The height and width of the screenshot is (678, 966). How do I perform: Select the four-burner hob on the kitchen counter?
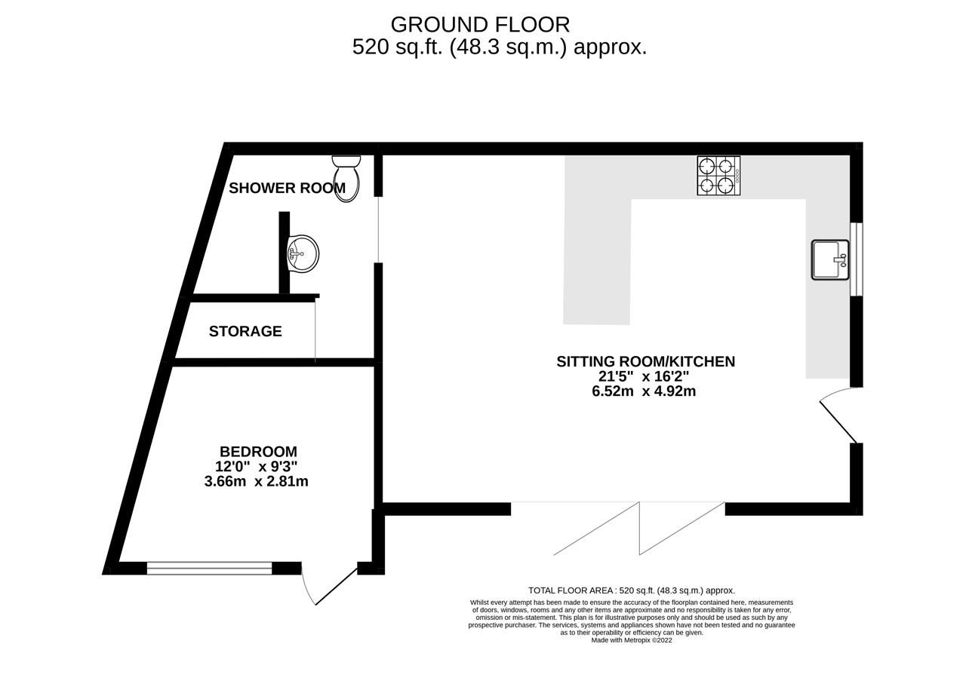[718, 176]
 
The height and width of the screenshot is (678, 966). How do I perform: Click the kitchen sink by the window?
[830, 259]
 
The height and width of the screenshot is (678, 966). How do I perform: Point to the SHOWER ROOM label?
[287, 189]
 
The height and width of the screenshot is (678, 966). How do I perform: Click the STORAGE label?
[245, 331]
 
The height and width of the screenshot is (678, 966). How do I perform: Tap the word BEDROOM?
[258, 452]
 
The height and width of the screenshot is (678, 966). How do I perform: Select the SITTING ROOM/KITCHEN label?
[645, 361]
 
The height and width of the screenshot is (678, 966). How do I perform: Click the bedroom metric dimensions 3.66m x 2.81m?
[256, 481]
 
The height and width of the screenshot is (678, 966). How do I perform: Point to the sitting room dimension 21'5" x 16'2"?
[644, 376]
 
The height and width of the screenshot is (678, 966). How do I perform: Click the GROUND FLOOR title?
[480, 25]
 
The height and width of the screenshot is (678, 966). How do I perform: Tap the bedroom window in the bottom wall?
[209, 568]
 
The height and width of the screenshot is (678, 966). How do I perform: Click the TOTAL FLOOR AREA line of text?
[631, 591]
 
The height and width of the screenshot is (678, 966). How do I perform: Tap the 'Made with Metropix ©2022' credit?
[631, 640]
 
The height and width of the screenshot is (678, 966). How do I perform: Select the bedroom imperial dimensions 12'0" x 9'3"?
[256, 467]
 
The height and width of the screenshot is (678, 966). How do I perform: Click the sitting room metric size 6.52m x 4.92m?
[644, 391]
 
